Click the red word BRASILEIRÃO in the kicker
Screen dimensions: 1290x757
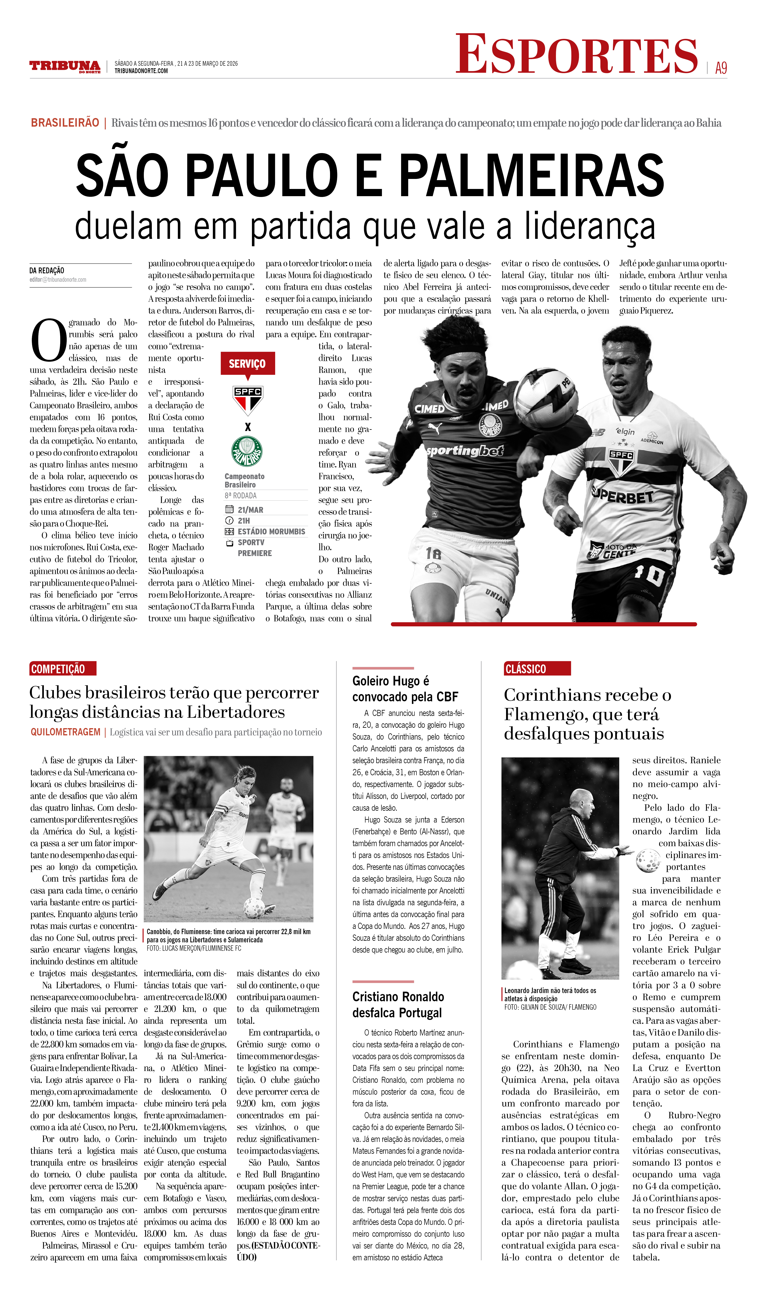coord(65,123)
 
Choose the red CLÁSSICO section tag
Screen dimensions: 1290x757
coord(537,669)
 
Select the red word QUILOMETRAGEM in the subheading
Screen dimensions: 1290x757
coord(65,732)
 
